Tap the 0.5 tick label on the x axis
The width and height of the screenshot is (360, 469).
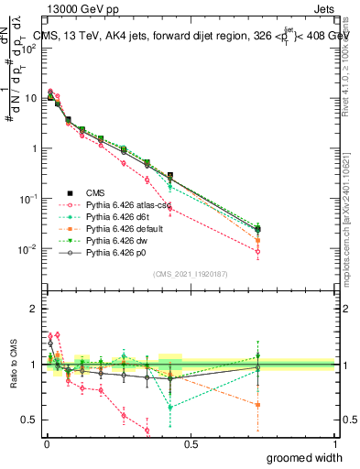pyautogui.click(x=190, y=443)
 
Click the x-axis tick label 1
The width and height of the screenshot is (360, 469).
pyautogui.click(x=334, y=443)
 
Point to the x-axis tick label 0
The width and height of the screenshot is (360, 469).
pyautogui.click(x=46, y=443)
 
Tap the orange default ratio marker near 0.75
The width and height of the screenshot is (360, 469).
pyautogui.click(x=258, y=404)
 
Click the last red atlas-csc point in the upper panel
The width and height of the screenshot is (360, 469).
pyautogui.click(x=258, y=251)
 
